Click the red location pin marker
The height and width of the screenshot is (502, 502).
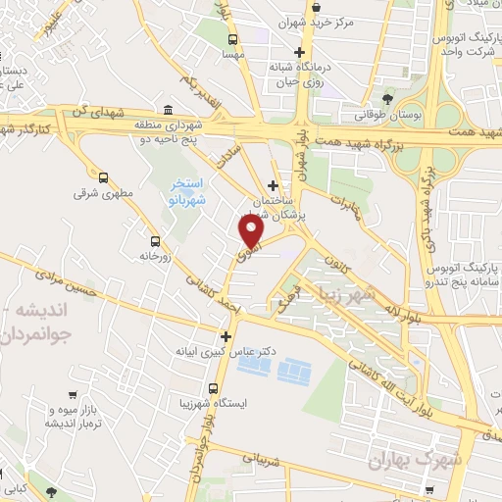[x=251, y=229]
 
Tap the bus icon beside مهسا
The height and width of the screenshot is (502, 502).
[x=232, y=40]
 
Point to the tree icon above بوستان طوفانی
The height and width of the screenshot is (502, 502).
[x=389, y=99]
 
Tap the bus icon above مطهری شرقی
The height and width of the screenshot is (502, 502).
[x=104, y=178]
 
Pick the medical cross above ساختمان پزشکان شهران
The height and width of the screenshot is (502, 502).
[x=274, y=184]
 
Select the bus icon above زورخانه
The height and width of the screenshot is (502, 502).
[x=154, y=241]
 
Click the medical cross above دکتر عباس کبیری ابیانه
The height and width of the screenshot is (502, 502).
[x=226, y=336]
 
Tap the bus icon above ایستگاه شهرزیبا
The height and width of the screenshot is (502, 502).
[x=212, y=389]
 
